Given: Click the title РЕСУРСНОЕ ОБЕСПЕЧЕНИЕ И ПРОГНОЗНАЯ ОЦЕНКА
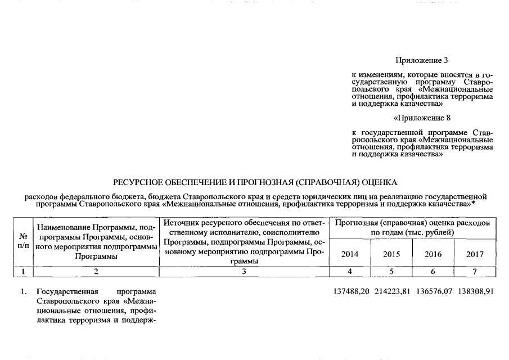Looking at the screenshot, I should (x=255, y=182).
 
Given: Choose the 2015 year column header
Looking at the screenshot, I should (x=391, y=254).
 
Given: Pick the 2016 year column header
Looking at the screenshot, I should (x=433, y=254).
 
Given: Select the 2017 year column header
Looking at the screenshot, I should (x=475, y=254).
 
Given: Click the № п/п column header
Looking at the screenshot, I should (x=24, y=241).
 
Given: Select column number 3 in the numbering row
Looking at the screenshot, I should (x=244, y=272).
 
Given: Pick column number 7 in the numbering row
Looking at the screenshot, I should (x=475, y=272).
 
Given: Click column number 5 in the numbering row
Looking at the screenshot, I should (x=391, y=272).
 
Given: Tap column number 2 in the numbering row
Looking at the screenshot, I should (x=96, y=272).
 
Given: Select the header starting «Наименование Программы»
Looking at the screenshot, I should (x=96, y=241).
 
